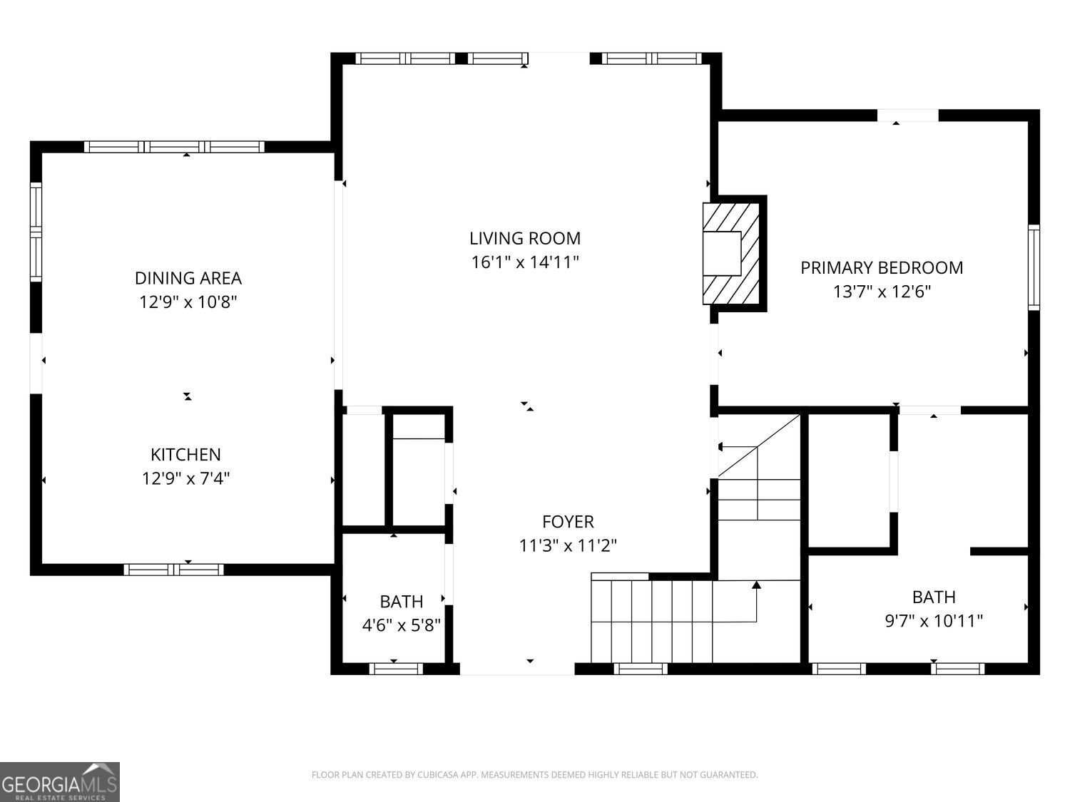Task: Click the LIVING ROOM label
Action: point(524,238)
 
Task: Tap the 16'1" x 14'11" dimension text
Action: point(524,262)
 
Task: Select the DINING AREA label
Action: point(188,278)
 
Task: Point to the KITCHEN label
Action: point(185,454)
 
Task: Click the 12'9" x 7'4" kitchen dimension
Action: point(185,478)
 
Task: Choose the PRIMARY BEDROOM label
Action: point(882,268)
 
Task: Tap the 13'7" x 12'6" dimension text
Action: point(882,292)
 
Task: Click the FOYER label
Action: point(568,522)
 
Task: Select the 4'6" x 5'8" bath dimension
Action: point(402,626)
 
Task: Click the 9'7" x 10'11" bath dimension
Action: point(934,621)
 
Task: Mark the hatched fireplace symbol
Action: point(730,254)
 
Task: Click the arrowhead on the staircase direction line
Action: point(756,585)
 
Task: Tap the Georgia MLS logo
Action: point(60,782)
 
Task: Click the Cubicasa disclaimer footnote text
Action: point(534,775)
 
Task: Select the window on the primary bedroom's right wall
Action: point(1034,267)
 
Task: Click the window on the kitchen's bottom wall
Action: point(173,570)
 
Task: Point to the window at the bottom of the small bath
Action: point(396,669)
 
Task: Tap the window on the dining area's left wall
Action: point(36,232)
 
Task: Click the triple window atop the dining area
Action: point(175,147)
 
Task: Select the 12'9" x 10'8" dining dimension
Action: point(188,302)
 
